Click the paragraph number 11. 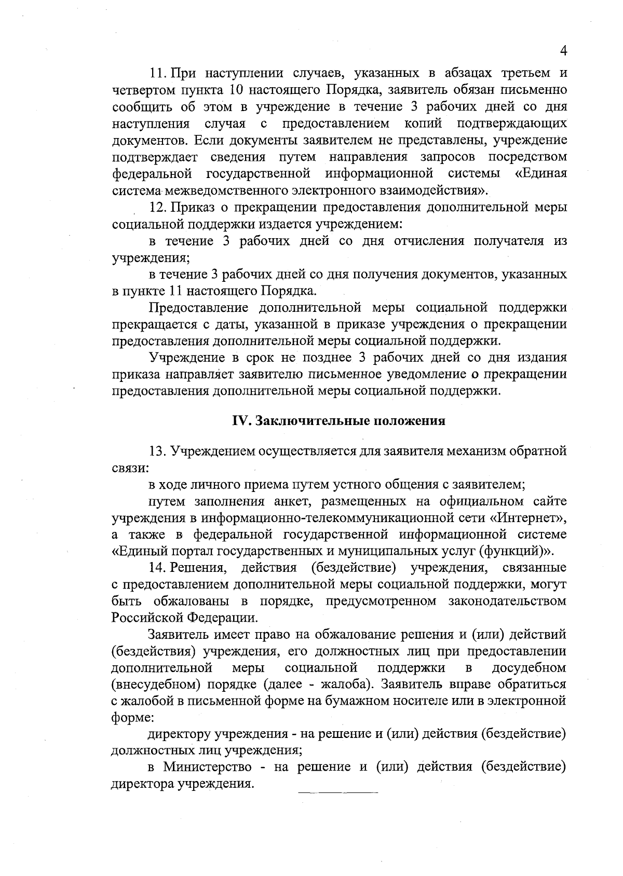click(x=157, y=74)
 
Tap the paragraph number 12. click(x=157, y=208)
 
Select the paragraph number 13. click(x=157, y=451)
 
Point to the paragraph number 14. click(x=157, y=568)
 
